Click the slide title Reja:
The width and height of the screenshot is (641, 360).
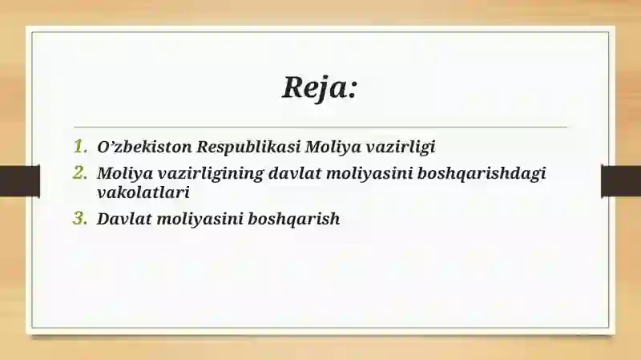coord(319,86)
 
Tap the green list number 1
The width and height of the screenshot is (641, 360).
coord(79,147)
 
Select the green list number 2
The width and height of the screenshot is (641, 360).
coord(79,172)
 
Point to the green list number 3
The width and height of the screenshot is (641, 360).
coord(79,218)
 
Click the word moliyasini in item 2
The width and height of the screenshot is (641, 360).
coord(370,173)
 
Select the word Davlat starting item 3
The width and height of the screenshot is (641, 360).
coord(123,218)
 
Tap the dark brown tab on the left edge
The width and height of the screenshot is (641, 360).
coord(19,180)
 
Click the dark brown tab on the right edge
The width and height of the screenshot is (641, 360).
coord(621,180)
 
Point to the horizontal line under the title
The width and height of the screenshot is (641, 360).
coord(320,127)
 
